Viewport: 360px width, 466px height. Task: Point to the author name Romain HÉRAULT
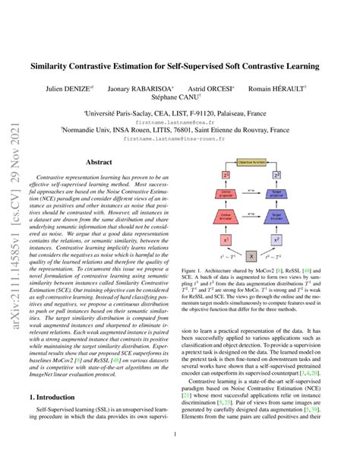(x=279, y=89)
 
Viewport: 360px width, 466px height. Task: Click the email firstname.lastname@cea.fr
(x=179, y=120)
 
